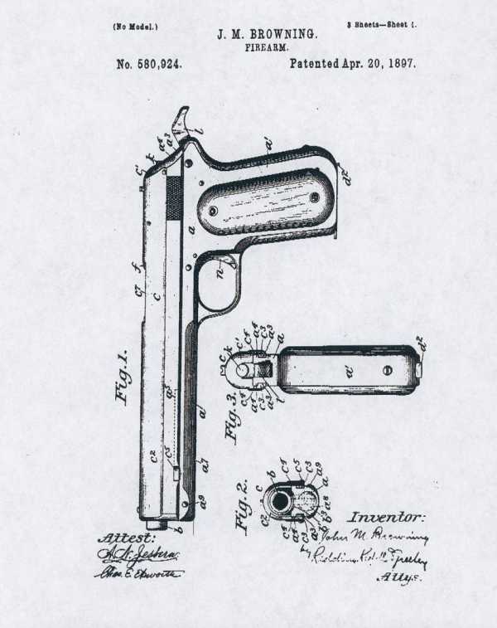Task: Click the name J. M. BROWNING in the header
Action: click(x=266, y=35)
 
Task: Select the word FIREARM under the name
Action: click(x=267, y=48)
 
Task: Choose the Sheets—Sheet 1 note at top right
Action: click(x=381, y=26)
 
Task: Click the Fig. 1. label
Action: click(x=123, y=377)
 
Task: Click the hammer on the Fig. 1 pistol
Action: click(x=181, y=122)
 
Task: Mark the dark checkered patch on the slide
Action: click(x=174, y=197)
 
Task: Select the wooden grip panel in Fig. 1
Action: click(x=264, y=200)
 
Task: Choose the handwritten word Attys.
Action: click(x=395, y=577)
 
